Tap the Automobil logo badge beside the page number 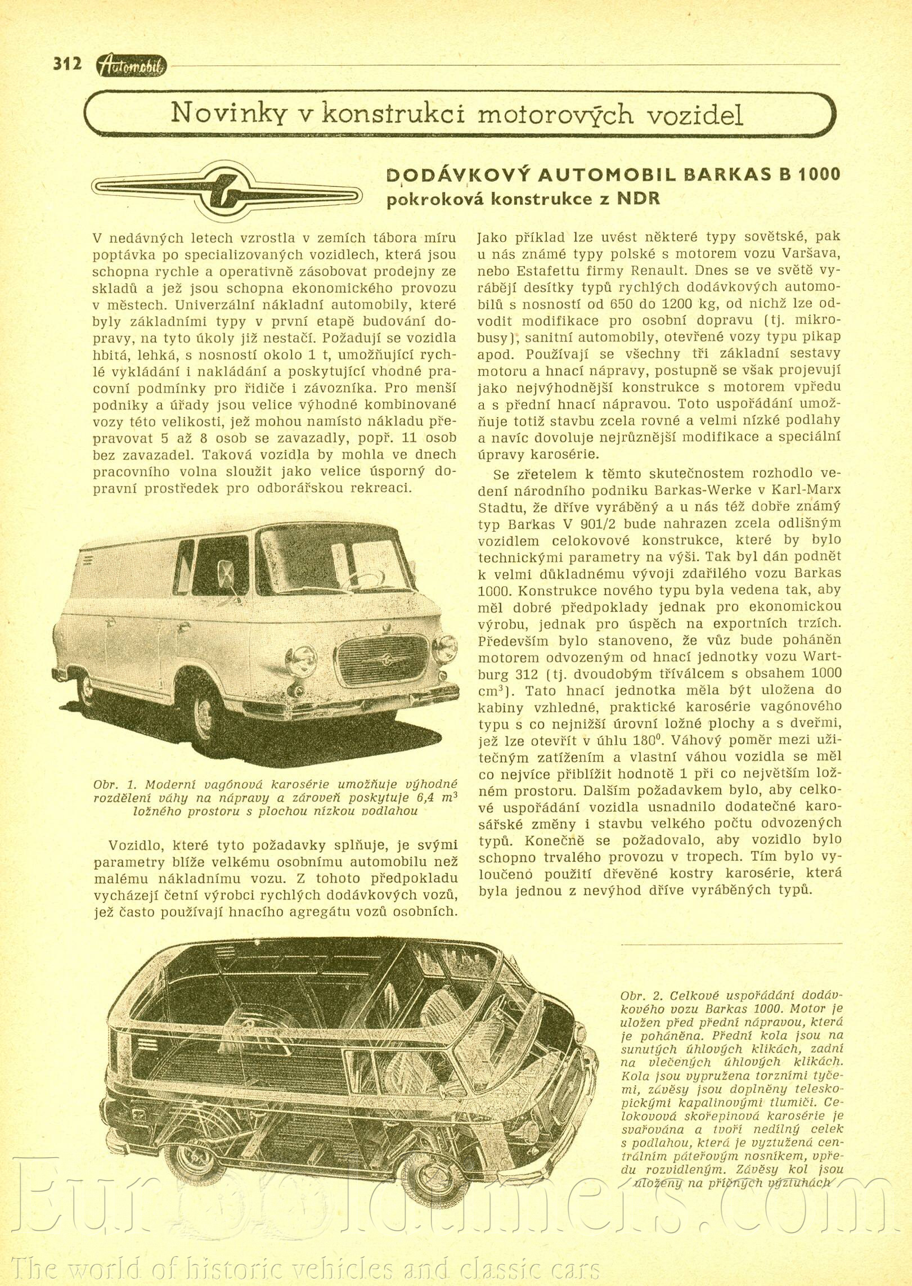[x=132, y=66]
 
